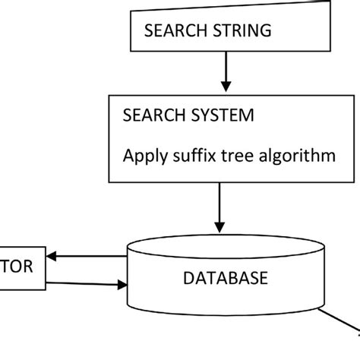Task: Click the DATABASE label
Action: [225, 278]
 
